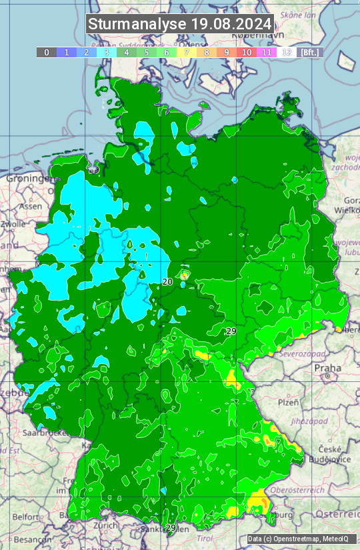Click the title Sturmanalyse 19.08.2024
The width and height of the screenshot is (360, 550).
(180, 24)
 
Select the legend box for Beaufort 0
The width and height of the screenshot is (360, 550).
(47, 52)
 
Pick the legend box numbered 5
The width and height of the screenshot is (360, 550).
(147, 52)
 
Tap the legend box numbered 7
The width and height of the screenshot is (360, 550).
(187, 52)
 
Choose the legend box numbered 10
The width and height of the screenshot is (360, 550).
(247, 52)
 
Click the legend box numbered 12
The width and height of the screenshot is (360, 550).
(287, 52)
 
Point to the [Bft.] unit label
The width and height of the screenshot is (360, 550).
(309, 52)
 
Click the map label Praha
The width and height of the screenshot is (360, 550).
(327, 368)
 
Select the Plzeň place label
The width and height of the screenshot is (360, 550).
(288, 402)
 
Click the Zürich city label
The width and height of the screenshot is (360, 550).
(106, 525)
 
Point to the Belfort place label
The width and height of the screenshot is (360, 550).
(25, 517)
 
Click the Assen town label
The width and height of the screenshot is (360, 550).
(29, 207)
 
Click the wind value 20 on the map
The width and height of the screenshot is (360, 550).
(168, 282)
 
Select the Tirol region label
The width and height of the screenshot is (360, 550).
(203, 538)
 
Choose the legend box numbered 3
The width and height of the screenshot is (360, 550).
(107, 52)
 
